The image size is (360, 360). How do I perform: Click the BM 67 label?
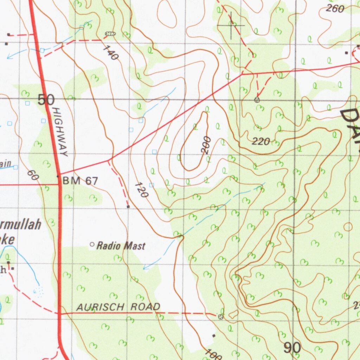(x=80, y=181)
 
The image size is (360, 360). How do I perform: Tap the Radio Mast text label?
(x=121, y=246)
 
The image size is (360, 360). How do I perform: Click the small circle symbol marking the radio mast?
(x=92, y=244)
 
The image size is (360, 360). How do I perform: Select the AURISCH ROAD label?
(x=118, y=307)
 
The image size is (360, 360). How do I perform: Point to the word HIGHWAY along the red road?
(x=59, y=132)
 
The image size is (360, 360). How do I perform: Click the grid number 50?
(x=46, y=100)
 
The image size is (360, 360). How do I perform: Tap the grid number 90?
(x=292, y=348)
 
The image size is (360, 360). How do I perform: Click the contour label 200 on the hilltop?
(x=206, y=145)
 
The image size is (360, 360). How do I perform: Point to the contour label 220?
(x=261, y=142)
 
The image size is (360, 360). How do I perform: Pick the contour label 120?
(x=142, y=190)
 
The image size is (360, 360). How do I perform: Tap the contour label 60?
(x=33, y=175)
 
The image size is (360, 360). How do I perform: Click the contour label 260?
(x=335, y=9)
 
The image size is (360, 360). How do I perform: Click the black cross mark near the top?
(x=231, y=25)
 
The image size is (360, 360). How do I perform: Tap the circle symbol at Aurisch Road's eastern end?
(x=220, y=317)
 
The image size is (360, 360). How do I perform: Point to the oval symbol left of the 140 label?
(x=110, y=33)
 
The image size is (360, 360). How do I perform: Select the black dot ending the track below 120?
(x=128, y=207)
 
